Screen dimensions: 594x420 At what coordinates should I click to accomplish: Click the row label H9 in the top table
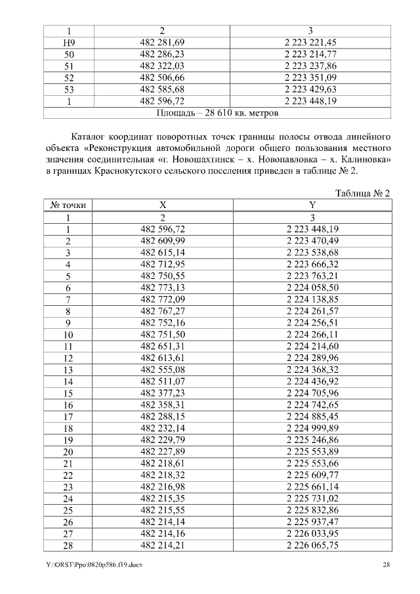[68, 42]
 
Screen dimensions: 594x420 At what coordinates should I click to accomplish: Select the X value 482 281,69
[163, 42]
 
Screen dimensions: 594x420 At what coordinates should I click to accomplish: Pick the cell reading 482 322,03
[163, 66]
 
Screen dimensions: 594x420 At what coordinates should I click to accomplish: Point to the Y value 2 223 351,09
[312, 77]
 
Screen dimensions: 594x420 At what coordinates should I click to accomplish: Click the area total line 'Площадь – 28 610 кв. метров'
[217, 113]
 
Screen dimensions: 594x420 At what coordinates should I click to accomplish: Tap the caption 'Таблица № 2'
[362, 193]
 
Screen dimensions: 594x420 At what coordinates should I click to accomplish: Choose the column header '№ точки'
[68, 205]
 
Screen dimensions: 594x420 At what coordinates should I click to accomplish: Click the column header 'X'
[163, 205]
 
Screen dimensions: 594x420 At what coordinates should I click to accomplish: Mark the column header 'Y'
[312, 205]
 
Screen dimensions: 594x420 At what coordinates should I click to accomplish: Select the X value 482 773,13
[163, 288]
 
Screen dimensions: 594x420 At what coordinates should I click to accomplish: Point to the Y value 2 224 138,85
[312, 300]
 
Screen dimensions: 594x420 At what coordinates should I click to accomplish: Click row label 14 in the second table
[68, 381]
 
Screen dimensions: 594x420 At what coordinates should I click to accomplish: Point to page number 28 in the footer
[387, 565]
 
